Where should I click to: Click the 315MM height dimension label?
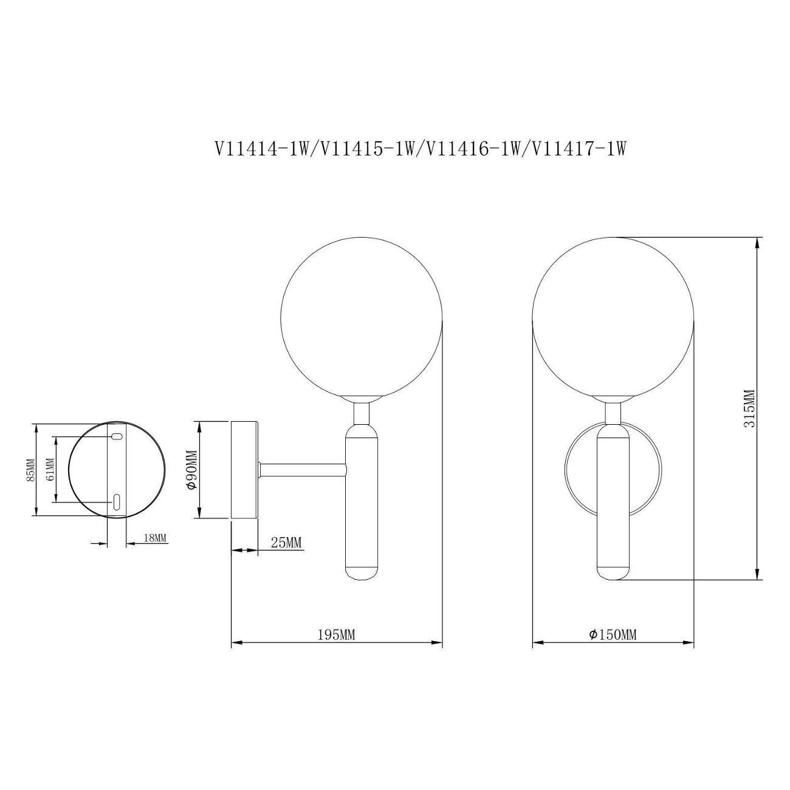(x=749, y=408)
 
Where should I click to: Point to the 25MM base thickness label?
(x=286, y=543)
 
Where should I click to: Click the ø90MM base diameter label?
(x=192, y=469)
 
